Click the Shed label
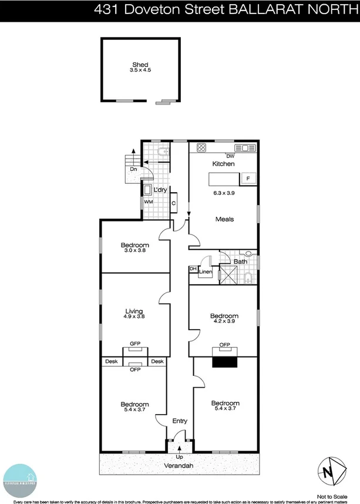(x=139, y=65)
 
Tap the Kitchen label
(x=223, y=164)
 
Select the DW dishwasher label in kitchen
(x=230, y=156)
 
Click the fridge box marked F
(x=248, y=177)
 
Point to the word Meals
(x=224, y=219)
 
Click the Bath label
(x=240, y=261)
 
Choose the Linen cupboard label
(x=205, y=272)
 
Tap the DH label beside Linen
(x=193, y=269)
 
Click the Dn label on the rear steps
(x=134, y=169)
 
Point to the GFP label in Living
(x=135, y=342)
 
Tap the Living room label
(x=134, y=311)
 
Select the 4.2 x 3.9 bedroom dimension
(x=224, y=322)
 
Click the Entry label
(x=179, y=421)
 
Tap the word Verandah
(x=179, y=466)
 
